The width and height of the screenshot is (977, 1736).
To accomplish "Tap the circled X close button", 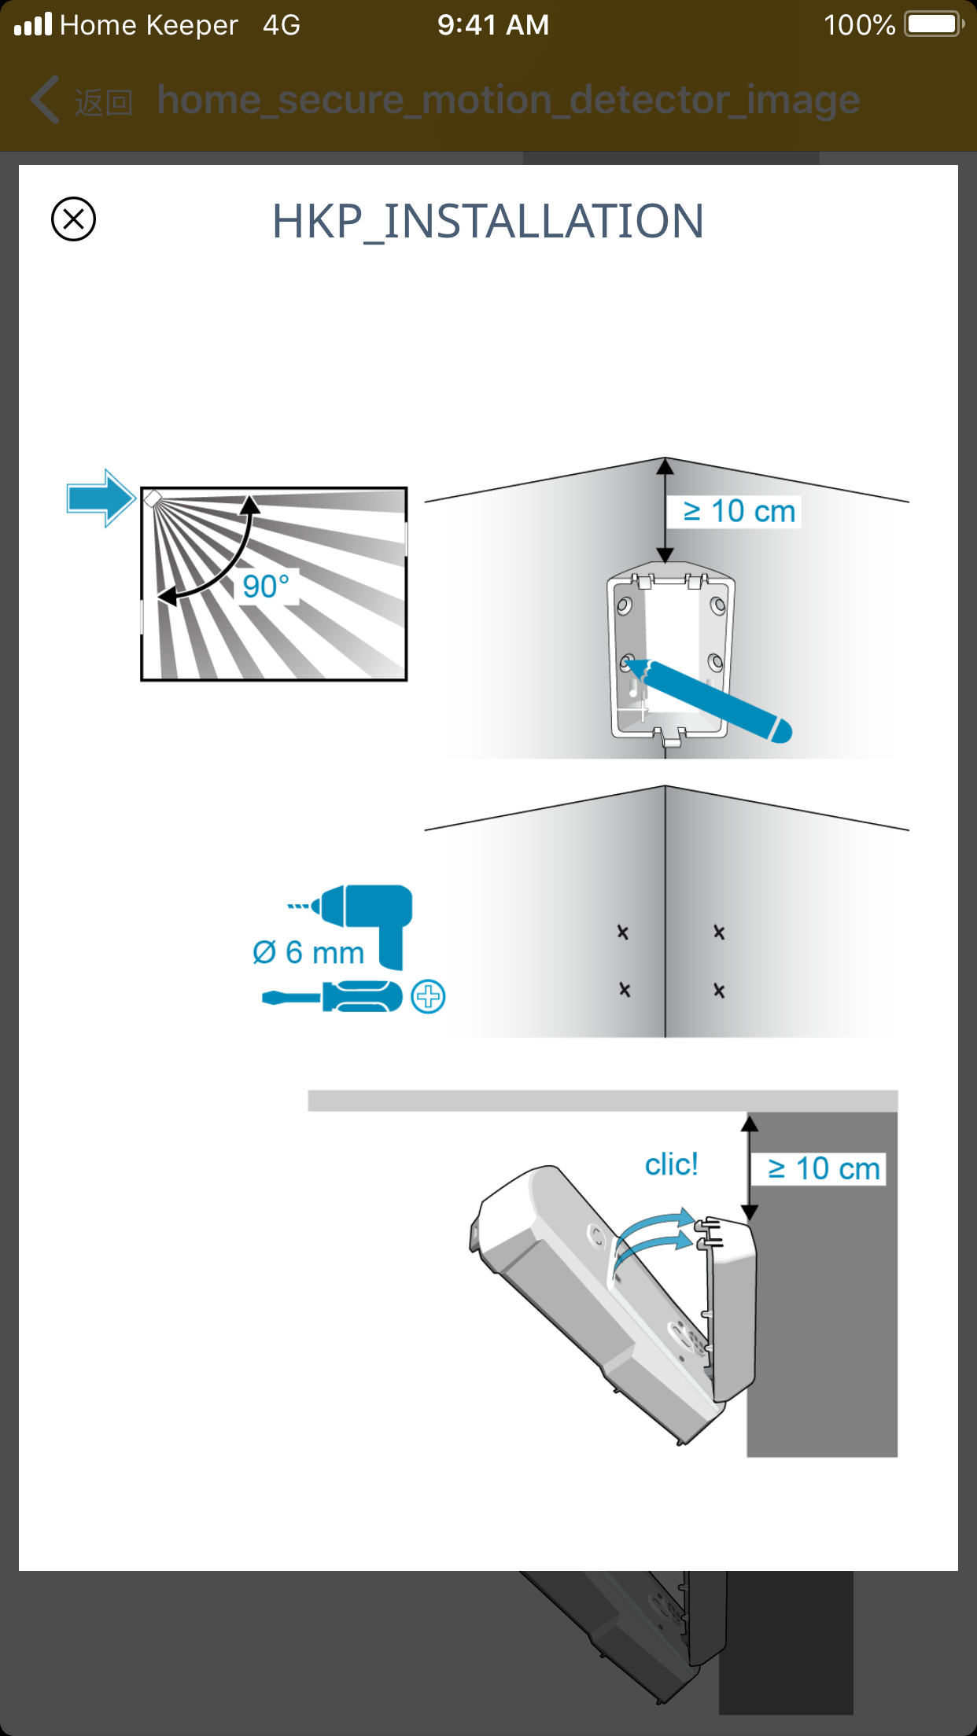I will click(x=73, y=219).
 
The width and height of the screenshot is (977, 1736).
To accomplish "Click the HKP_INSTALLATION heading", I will click(x=488, y=221).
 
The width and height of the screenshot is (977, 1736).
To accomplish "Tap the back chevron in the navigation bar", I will click(x=45, y=100).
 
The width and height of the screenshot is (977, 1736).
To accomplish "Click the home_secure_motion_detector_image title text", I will click(x=508, y=100).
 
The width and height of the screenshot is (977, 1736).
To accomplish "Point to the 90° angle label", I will click(x=266, y=587).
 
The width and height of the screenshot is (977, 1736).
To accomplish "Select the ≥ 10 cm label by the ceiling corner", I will click(x=739, y=511).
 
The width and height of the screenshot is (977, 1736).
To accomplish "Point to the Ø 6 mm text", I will click(x=308, y=953).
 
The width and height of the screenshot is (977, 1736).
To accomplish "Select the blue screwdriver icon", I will click(x=332, y=997).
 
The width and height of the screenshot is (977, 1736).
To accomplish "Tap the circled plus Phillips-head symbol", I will click(x=429, y=997).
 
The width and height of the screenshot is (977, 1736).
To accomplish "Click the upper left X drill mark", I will click(x=622, y=932).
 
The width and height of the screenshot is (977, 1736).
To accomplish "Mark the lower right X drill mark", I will click(x=719, y=991).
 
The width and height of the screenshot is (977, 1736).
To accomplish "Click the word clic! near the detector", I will click(x=671, y=1164).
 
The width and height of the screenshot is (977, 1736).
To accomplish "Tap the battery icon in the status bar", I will click(x=933, y=24).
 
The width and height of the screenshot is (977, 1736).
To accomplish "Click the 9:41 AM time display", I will click(x=493, y=25).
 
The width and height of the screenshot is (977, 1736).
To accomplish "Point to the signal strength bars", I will click(x=33, y=24).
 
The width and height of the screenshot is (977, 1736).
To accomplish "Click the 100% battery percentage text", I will click(x=859, y=25).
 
